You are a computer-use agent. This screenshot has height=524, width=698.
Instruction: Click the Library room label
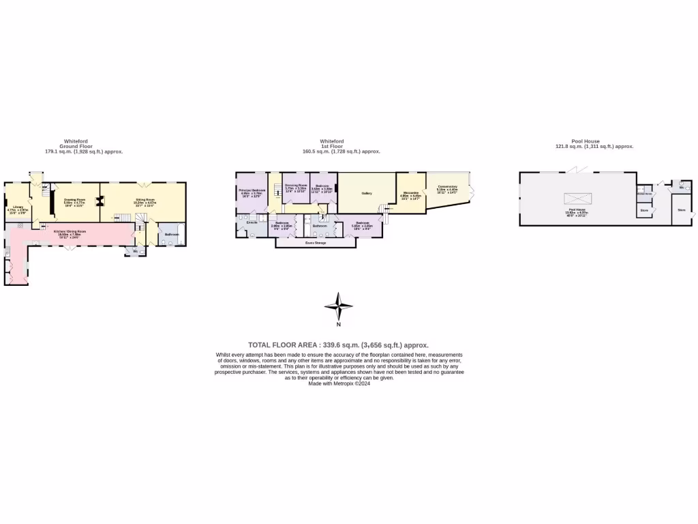coord(18,207)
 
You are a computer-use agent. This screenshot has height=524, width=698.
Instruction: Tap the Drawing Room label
coord(74,200)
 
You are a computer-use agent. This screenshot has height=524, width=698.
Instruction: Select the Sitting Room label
coord(145,200)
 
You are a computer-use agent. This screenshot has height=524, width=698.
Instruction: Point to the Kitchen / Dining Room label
coord(70,231)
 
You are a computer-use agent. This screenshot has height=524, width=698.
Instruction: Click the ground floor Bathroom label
coord(171,234)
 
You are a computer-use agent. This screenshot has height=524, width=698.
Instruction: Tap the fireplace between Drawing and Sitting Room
coord(100,201)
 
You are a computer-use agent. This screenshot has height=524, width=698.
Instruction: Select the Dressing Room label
coord(297,186)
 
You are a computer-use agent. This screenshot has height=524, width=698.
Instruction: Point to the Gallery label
coord(367,193)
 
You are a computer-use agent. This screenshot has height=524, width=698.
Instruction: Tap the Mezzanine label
coord(410,193)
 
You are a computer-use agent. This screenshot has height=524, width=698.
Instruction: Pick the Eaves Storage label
coord(316,243)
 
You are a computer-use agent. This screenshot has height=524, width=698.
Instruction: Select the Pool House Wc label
coord(681,186)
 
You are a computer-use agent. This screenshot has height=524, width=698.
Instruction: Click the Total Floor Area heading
coord(338,345)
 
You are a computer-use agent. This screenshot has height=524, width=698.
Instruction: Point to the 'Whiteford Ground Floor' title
coord(76,146)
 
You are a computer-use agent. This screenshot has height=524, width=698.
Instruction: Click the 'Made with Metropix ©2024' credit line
coord(339,383)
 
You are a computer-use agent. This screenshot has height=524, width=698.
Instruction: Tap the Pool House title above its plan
coord(585,141)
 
